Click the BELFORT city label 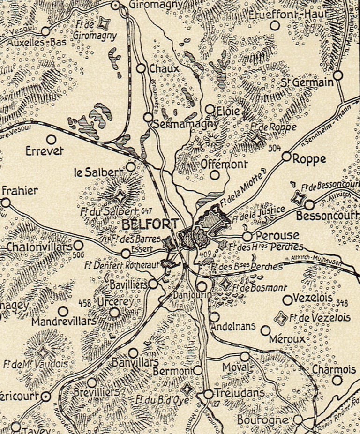[150, 224]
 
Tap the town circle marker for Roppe [286, 157]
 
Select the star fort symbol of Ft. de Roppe [257, 139]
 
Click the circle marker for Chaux [141, 68]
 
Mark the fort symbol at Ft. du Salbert [120, 196]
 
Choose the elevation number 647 [147, 210]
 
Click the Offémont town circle [215, 175]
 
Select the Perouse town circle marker [247, 236]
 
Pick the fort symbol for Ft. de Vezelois [281, 319]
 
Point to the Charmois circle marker [337, 380]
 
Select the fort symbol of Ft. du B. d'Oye [187, 389]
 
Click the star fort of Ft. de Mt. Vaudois [43, 352]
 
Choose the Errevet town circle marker [51, 139]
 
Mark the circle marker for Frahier [6, 202]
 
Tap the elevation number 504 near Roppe [275, 148]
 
